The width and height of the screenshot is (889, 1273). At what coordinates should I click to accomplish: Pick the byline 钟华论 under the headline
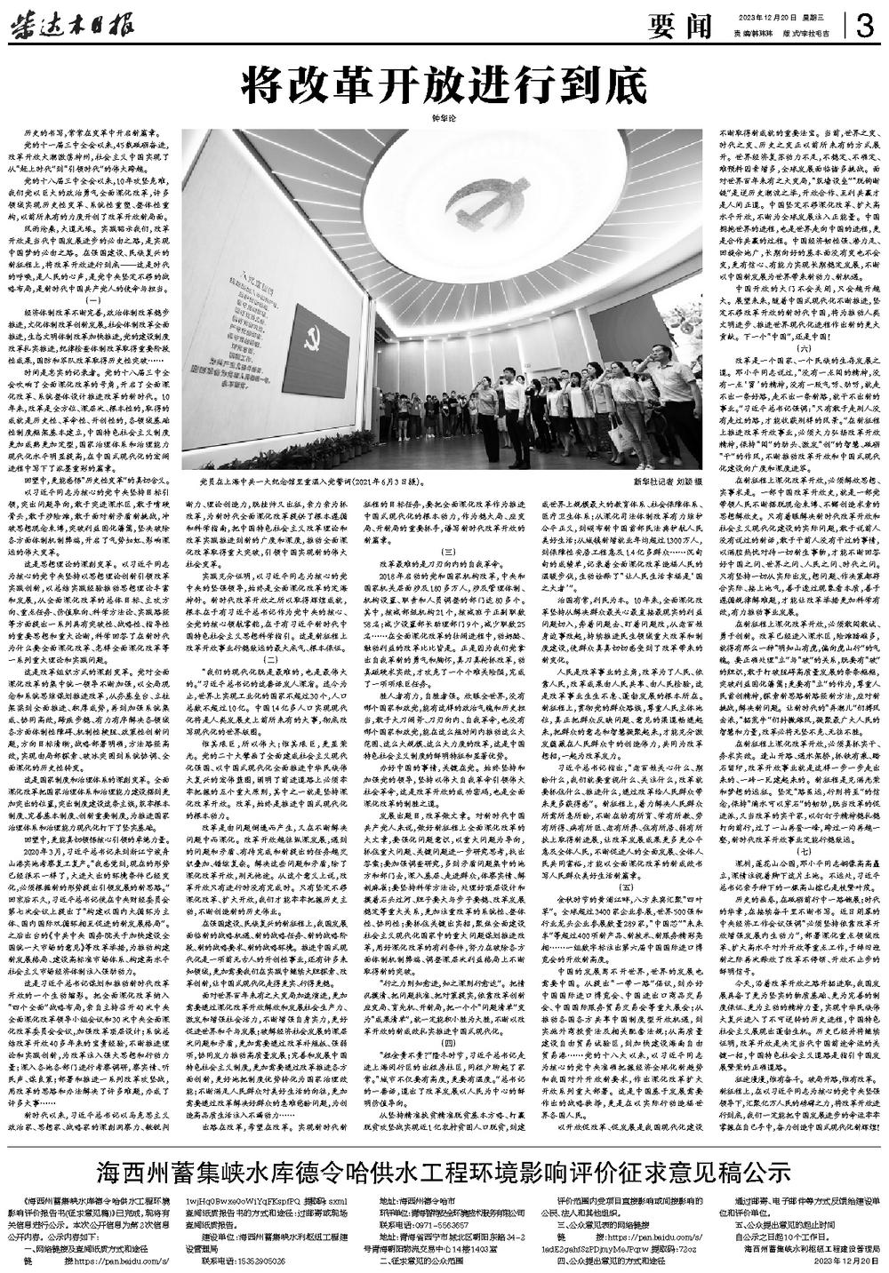tap(442, 115)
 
